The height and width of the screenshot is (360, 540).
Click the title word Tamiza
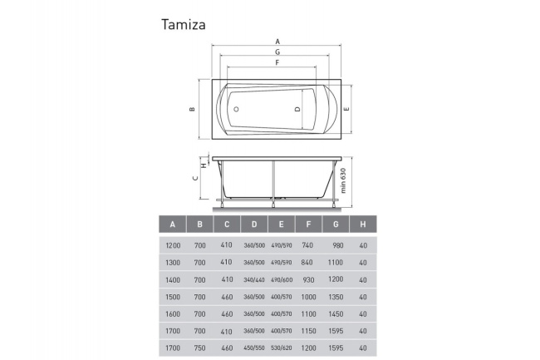[x=183, y=24]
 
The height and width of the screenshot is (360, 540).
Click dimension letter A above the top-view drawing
[x=277, y=41]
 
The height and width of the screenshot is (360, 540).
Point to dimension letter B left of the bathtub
[x=191, y=110]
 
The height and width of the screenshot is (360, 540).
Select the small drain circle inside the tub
[x=235, y=109]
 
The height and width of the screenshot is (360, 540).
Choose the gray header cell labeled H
[x=362, y=224]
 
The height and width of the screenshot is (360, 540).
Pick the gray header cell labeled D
[x=254, y=224]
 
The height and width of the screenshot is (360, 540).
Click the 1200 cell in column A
[x=173, y=246]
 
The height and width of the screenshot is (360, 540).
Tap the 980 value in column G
[x=336, y=246]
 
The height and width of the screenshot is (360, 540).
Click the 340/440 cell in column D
[x=254, y=280]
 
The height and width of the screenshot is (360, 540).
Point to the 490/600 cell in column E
[x=282, y=280]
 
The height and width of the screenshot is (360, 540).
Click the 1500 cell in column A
[x=173, y=298]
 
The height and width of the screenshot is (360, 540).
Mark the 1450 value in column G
[x=336, y=314]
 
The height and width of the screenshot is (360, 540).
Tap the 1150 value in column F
[x=308, y=332]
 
